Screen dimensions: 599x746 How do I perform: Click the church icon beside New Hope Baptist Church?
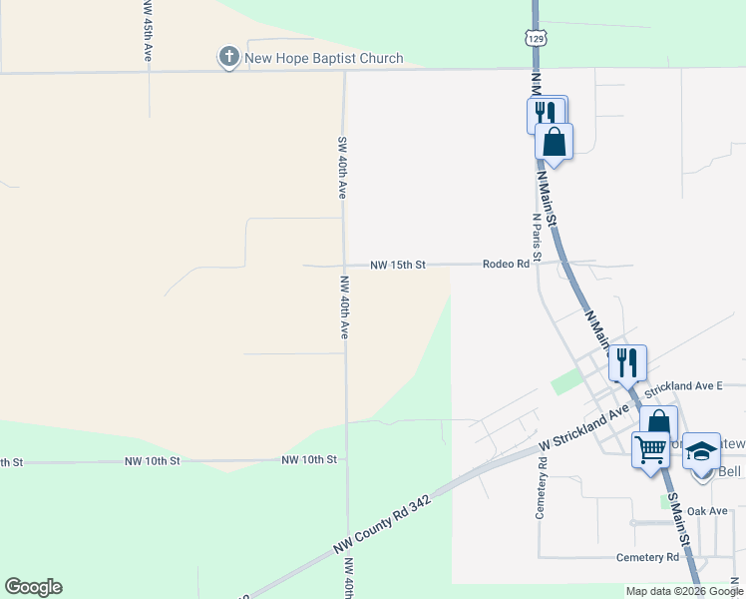pyautogui.click(x=229, y=58)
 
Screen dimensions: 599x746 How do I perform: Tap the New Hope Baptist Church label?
pyautogui.click(x=324, y=59)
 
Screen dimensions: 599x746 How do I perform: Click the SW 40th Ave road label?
pyautogui.click(x=341, y=167)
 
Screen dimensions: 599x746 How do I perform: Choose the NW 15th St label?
pyautogui.click(x=398, y=265)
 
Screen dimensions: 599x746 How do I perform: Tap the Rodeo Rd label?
pyautogui.click(x=506, y=264)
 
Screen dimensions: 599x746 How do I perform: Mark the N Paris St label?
pyautogui.click(x=537, y=237)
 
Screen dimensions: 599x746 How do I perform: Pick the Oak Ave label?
pyautogui.click(x=707, y=511)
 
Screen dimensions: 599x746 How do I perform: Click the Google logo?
pyautogui.click(x=33, y=587)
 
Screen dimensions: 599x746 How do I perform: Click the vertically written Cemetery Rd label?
pyautogui.click(x=542, y=488)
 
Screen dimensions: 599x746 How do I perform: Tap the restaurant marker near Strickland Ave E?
pyautogui.click(x=627, y=361)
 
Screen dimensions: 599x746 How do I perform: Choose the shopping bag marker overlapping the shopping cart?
pyautogui.click(x=658, y=421)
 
